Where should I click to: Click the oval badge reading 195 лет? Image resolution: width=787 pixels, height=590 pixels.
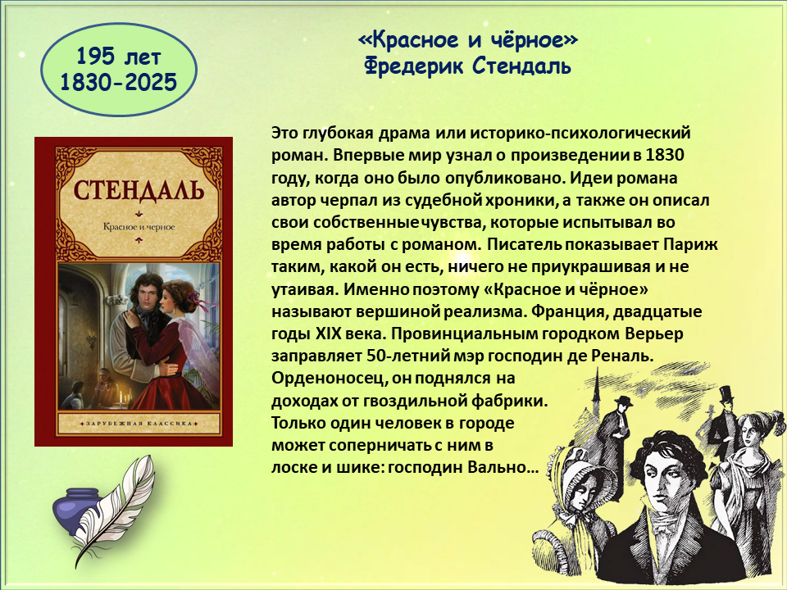coord(118,70)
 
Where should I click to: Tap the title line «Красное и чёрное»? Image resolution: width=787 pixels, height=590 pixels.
coord(468,40)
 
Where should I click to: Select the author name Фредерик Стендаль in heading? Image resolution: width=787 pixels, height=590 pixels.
coord(468,66)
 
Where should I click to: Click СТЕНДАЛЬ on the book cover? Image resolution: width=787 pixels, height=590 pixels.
coord(139,190)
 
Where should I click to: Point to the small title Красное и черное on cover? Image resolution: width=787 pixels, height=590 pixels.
coord(139,227)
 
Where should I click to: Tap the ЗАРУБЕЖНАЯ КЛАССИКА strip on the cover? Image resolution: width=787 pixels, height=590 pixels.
coord(139,424)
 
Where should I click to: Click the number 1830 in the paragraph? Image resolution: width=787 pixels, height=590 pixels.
coord(665,155)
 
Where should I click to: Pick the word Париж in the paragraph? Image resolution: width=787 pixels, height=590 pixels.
coord(691,244)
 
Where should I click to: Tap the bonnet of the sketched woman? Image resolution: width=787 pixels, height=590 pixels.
coord(577,472)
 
